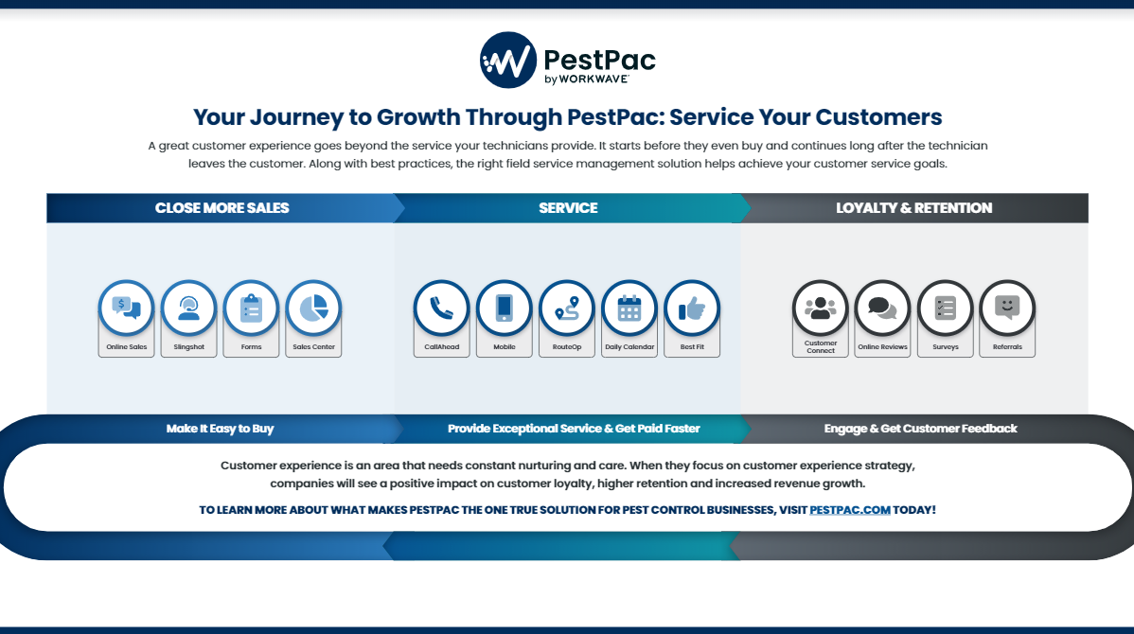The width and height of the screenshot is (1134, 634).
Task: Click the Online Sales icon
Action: tap(127, 308)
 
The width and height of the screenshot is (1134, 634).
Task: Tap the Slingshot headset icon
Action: tap(188, 308)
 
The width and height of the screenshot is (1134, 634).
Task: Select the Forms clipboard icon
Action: tap(251, 308)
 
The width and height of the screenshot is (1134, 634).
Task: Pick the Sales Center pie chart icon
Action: tap(314, 308)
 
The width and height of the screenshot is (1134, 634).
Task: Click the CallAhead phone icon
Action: tap(442, 308)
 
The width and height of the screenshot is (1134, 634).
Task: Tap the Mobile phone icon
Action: tap(505, 308)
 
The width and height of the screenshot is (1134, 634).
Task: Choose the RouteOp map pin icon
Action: tap(567, 308)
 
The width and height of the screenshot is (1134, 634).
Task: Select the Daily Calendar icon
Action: tap(629, 308)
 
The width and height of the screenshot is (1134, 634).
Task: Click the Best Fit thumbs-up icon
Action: tap(692, 308)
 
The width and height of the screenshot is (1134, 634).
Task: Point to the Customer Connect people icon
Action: tap(820, 308)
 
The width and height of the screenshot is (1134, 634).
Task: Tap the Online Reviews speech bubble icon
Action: tap(882, 308)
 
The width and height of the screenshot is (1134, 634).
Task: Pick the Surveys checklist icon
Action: tap(946, 308)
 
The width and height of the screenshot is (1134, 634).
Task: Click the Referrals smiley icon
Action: tap(1007, 308)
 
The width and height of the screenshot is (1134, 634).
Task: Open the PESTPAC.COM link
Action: tap(850, 510)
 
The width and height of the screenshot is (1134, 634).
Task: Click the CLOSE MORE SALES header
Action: tap(222, 208)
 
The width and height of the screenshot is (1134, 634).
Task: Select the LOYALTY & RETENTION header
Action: tap(914, 208)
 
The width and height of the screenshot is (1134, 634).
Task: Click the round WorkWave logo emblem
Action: tap(508, 60)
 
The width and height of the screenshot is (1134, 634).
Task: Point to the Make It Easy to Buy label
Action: tap(220, 429)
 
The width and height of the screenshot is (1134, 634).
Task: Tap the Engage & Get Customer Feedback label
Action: tap(921, 429)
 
